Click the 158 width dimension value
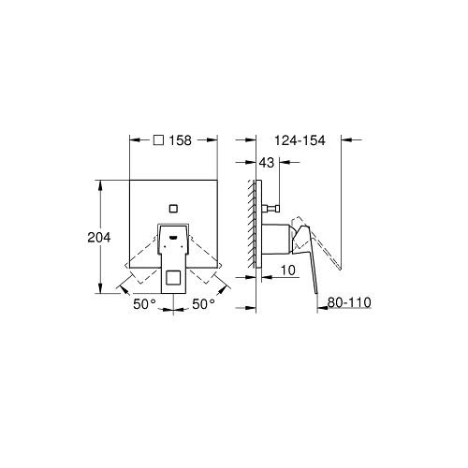pyautogui.click(x=181, y=140)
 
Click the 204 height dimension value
pyautogui.click(x=99, y=238)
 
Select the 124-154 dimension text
pyautogui.click(x=300, y=140)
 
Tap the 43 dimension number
pyautogui.click(x=267, y=163)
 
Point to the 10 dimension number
pyautogui.click(x=287, y=271)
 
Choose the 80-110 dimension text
pyautogui.click(x=349, y=302)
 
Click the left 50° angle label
pyautogui.click(x=144, y=304)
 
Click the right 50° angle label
pyautogui.click(x=203, y=303)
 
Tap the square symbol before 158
pyautogui.click(x=159, y=140)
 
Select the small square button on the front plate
pyautogui.click(x=173, y=209)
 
